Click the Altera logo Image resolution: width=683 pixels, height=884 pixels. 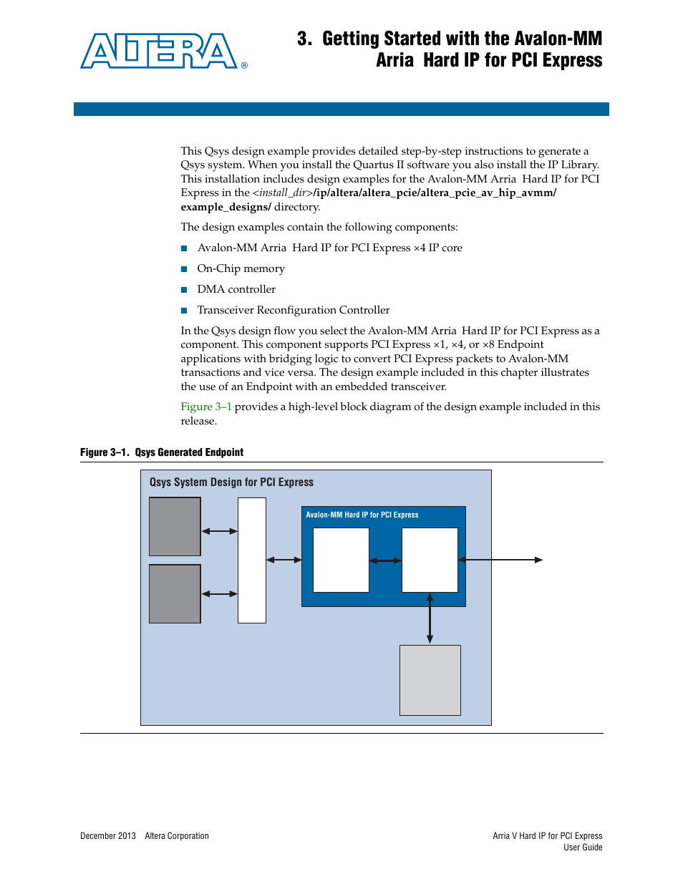coord(160,51)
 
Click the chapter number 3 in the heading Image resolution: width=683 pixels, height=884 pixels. coord(304,39)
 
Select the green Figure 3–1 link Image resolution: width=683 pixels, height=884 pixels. coord(205,407)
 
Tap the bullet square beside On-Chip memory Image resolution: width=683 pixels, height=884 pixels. coord(184,269)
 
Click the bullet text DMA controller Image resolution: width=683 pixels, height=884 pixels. coord(236,289)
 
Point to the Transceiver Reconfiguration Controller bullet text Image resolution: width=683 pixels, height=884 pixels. coord(294,310)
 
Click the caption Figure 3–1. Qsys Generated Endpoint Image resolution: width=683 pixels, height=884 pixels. coord(162,452)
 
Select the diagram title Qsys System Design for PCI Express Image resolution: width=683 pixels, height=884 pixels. coord(231,482)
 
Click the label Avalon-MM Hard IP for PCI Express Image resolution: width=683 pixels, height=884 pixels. coord(362,515)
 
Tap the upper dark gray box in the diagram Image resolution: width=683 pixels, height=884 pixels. coord(175,527)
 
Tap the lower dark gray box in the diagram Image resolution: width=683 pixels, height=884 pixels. coord(175,593)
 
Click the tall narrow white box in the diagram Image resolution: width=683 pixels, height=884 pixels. coord(251,560)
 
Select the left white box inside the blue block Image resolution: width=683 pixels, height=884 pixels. coord(341,560)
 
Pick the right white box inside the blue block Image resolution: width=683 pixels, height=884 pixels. coord(430,560)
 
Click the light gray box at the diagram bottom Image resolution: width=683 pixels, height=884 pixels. coord(430,680)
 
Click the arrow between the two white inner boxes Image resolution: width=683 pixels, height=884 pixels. coord(385,560)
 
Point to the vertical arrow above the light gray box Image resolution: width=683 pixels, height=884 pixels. coord(430,618)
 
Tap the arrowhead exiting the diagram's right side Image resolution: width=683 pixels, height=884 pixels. coord(539,560)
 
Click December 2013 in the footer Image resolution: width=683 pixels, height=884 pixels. coord(108,836)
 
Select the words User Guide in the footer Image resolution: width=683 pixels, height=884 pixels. coord(583,847)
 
